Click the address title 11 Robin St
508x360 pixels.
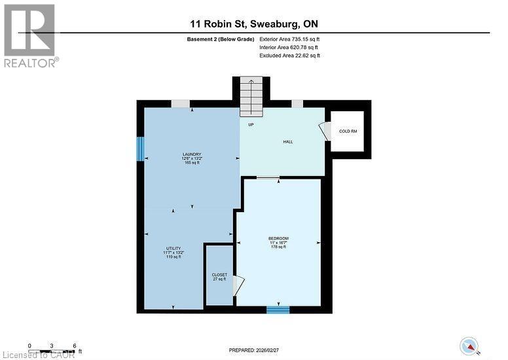(253, 24)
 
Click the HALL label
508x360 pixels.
(287, 141)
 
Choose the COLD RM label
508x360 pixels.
(348, 131)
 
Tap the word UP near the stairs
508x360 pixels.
(251, 124)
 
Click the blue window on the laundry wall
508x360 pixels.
(139, 148)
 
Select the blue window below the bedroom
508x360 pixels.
(278, 310)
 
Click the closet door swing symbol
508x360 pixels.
(239, 285)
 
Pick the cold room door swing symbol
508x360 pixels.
(325, 131)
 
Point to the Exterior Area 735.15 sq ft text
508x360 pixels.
(290, 39)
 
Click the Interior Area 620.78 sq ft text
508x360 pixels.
(290, 48)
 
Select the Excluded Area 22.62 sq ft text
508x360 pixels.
(290, 56)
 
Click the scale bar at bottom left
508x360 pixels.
(52, 346)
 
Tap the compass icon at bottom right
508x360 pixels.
(469, 345)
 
